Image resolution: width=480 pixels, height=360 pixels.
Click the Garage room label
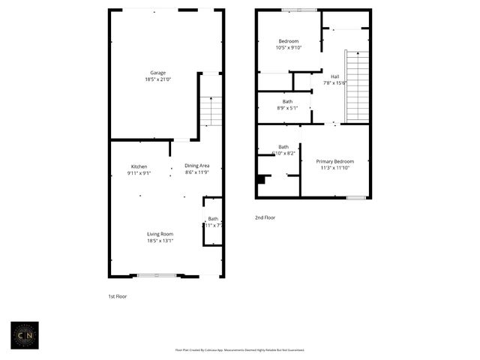coord(157,73)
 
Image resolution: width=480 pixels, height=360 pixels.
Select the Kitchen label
coord(139,166)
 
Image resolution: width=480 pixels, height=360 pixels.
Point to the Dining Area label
coord(197,166)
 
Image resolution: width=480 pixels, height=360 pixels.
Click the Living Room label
coord(160,234)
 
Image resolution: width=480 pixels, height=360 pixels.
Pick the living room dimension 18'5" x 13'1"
coord(160,241)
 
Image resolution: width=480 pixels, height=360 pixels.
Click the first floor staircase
coord(211,111)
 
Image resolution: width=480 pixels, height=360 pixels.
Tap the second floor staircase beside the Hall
coord(358,86)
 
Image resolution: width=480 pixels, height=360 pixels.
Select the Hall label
coord(334,76)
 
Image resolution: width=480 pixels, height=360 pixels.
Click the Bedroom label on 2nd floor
coord(288,41)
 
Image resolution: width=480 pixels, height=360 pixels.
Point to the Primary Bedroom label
coord(334,161)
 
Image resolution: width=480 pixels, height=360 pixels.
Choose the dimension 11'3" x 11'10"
coord(334,168)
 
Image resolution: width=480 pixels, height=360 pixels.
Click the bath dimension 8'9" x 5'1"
coord(287,108)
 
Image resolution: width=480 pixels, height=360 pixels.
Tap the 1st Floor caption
coord(118,296)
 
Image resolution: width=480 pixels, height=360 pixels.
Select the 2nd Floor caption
coord(265,217)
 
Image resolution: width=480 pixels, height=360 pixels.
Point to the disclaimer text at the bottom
coord(240,349)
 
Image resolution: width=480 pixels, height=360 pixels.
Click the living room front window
coord(157,275)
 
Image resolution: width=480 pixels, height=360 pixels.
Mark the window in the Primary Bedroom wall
coord(356,197)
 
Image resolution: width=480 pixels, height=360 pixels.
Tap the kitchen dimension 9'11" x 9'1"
coord(139,172)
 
